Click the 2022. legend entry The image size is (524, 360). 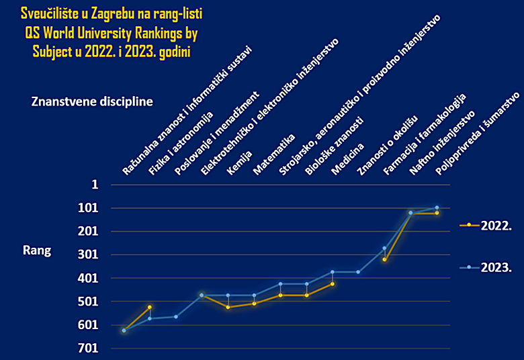pos(496,226)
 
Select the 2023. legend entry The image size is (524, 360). pos(496,267)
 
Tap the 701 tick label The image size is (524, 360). pos(89,349)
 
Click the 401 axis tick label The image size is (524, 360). pos(89,278)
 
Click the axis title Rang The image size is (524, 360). pos(37,251)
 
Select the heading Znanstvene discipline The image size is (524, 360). pos(92,101)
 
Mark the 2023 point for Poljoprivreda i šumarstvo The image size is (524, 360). pos(437,208)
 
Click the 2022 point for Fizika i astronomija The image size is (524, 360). pos(150,307)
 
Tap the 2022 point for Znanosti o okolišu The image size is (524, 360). pos(384,259)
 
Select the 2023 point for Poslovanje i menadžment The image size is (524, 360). pos(176,316)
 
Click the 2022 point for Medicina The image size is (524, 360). pos(332,283)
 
